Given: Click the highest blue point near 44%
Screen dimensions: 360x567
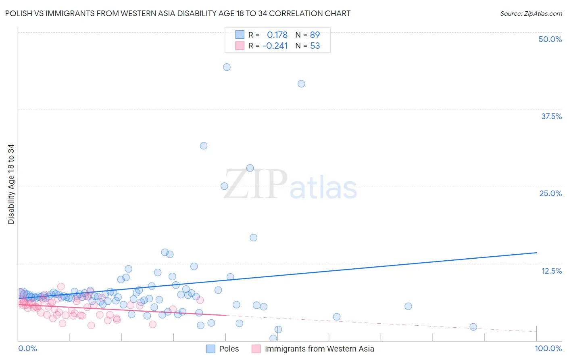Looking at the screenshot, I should pyautogui.click(x=227, y=67).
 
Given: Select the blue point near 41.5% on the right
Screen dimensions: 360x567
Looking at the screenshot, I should pyautogui.click(x=301, y=84).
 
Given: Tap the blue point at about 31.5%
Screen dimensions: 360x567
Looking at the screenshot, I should pyautogui.click(x=204, y=146).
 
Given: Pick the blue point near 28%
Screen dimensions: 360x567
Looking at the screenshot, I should pyautogui.click(x=250, y=168).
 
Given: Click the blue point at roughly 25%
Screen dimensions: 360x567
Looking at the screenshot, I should pyautogui.click(x=224, y=186).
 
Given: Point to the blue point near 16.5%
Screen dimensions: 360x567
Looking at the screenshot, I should pyautogui.click(x=253, y=238).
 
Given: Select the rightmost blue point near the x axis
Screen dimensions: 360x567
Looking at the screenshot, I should pyautogui.click(x=473, y=327).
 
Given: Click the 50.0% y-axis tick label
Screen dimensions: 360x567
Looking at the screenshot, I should pyautogui.click(x=550, y=39).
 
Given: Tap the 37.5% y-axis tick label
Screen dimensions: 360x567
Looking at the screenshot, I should pyautogui.click(x=551, y=116).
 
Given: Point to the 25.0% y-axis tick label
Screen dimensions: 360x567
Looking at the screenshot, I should pyautogui.click(x=550, y=193).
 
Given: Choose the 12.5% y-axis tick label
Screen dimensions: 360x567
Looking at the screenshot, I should pyautogui.click(x=551, y=271).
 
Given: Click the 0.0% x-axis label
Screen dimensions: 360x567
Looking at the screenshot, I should pyautogui.click(x=27, y=349).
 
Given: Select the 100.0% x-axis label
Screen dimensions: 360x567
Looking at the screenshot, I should pyautogui.click(x=548, y=349).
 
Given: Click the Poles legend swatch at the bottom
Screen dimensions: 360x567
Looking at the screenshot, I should pyautogui.click(x=211, y=349).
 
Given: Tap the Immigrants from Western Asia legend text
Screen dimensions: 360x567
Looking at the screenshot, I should pyautogui.click(x=319, y=349).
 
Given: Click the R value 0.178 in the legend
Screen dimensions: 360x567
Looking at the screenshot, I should pyautogui.click(x=277, y=35).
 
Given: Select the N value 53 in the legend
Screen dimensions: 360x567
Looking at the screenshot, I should pyautogui.click(x=315, y=46).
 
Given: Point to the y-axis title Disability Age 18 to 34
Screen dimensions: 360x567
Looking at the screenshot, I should pyautogui.click(x=11, y=184).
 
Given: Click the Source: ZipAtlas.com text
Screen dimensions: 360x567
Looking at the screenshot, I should pyautogui.click(x=531, y=14).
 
